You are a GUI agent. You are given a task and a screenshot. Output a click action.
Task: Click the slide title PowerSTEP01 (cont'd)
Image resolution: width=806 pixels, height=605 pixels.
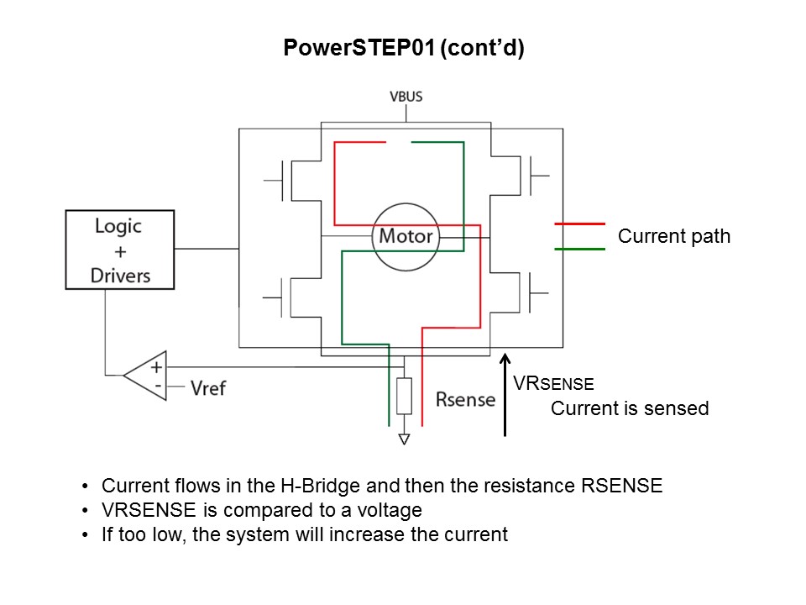[403, 49]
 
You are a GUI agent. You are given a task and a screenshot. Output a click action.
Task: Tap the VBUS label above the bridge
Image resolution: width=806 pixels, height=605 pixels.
[406, 97]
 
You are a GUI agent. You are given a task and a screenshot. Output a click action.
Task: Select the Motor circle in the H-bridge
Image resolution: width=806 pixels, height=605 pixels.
[406, 236]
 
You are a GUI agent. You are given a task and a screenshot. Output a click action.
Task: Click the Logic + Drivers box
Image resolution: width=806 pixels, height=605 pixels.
[120, 250]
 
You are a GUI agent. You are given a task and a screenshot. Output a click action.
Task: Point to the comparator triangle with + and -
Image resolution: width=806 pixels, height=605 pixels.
[148, 375]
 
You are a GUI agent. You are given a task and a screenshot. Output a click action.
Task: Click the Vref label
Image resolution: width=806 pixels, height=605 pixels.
[207, 388]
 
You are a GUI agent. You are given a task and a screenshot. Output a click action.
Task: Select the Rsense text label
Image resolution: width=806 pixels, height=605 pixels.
[465, 399]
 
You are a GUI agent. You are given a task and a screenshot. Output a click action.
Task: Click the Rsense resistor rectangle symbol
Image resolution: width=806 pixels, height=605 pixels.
[405, 396]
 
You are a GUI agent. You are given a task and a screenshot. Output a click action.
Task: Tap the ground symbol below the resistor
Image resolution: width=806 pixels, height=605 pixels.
[405, 438]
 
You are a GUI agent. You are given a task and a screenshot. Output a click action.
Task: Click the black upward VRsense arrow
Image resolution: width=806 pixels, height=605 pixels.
[505, 395]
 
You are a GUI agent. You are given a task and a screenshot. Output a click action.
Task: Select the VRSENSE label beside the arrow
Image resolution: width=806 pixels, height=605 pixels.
[553, 384]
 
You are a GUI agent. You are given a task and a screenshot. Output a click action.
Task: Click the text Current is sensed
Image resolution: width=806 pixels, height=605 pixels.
[629, 408]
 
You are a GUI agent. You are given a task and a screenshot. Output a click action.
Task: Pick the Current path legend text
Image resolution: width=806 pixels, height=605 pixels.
[673, 237]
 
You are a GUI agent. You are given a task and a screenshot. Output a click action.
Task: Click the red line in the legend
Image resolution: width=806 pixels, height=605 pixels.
[579, 224]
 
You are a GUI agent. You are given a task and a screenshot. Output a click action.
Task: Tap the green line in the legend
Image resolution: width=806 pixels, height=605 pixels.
[579, 249]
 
